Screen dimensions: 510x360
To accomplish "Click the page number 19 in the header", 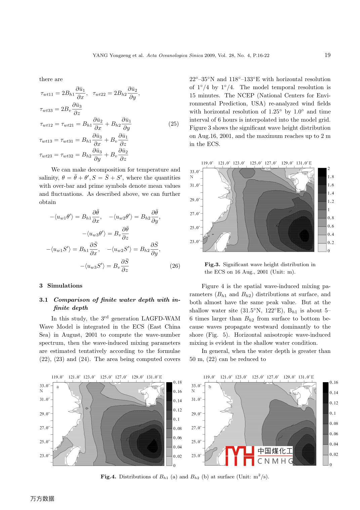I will point(327,55).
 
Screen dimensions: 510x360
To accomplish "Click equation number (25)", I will point(173,124).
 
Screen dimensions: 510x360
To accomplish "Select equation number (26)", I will point(175,266).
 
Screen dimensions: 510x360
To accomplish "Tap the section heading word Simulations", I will point(65,286).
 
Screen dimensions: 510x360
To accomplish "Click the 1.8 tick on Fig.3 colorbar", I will point(331,177).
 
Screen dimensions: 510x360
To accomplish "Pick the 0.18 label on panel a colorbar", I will point(177,382).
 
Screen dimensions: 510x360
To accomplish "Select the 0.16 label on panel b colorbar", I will point(334,382).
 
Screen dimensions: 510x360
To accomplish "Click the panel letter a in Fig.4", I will point(58,387).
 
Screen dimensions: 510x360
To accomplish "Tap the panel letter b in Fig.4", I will point(210,387).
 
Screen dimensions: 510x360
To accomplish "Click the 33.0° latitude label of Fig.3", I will point(195,172).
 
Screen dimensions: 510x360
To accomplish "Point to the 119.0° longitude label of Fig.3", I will point(207,163).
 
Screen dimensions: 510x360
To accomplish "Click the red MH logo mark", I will point(239,456).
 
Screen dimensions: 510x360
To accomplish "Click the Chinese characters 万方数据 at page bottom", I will point(42,499).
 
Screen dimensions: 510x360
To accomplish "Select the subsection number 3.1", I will point(43,300).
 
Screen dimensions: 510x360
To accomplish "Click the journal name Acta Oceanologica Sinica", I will point(174,56).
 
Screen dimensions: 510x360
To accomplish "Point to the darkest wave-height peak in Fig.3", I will point(304,234).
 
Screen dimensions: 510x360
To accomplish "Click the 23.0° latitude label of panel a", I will point(44,456).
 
